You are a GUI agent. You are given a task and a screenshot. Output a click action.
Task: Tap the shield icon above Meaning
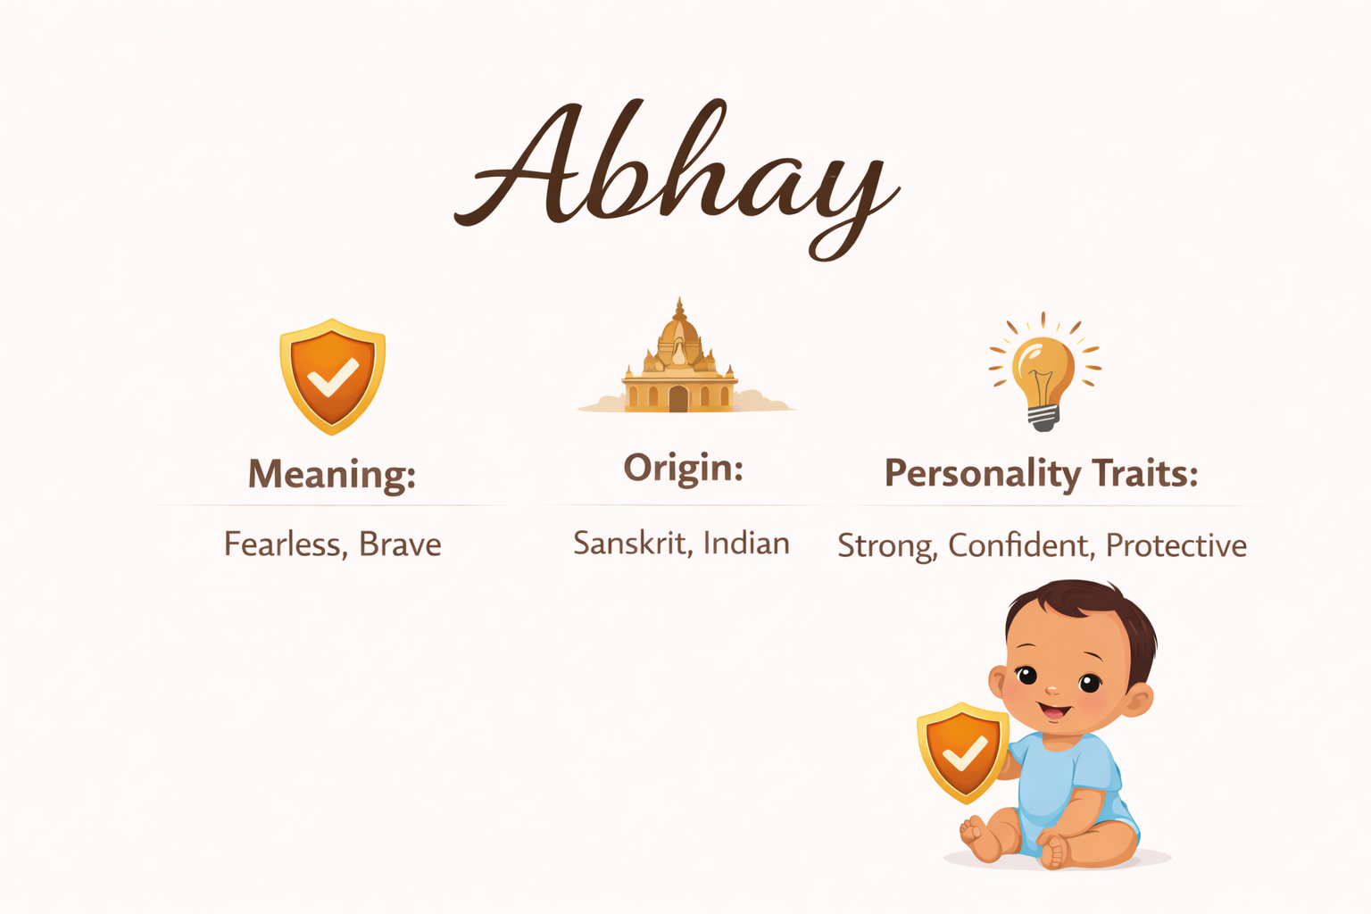coord(332,377)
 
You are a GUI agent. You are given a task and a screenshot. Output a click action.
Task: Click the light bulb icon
coord(1044,371)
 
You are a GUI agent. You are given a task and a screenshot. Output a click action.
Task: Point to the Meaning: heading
coord(332,474)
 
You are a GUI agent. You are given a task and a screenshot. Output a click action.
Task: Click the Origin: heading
coord(683,469)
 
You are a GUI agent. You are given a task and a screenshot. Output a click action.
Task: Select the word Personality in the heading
coord(983,474)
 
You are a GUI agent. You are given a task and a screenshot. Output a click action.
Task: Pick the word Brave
coord(400,544)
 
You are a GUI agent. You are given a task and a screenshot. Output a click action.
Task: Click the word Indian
coord(747,543)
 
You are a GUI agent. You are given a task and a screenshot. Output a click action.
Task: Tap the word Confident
coord(1021,545)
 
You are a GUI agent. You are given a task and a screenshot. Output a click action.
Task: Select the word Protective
coord(1176,544)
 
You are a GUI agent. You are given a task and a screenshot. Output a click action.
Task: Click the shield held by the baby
coord(963,752)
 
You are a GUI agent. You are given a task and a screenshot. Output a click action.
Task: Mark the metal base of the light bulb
coord(1043,418)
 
